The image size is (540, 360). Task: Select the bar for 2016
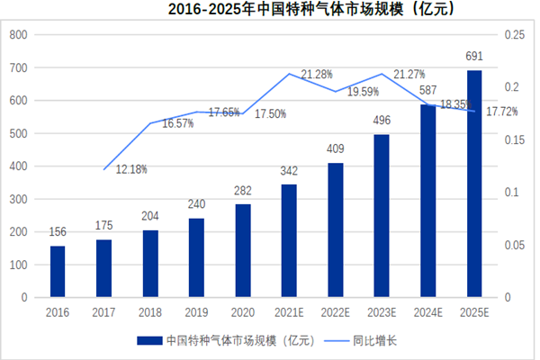tap(57, 271)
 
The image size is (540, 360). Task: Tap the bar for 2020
tap(242, 250)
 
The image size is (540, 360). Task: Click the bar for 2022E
tap(335, 229)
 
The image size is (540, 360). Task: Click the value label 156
tap(57, 232)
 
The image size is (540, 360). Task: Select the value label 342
tap(288, 171)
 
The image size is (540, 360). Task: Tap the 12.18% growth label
tap(131, 168)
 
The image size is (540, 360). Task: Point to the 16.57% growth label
tap(177, 122)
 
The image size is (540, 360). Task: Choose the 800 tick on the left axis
tap(18, 35)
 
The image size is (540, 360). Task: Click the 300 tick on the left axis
tap(18, 199)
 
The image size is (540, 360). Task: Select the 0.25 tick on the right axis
tap(513, 35)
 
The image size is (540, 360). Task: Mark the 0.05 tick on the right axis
tap(513, 245)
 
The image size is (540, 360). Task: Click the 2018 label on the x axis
tap(149, 312)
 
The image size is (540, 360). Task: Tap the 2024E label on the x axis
tap(427, 312)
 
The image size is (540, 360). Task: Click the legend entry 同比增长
tap(374, 341)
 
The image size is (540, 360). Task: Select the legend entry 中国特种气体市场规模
tap(234, 341)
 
